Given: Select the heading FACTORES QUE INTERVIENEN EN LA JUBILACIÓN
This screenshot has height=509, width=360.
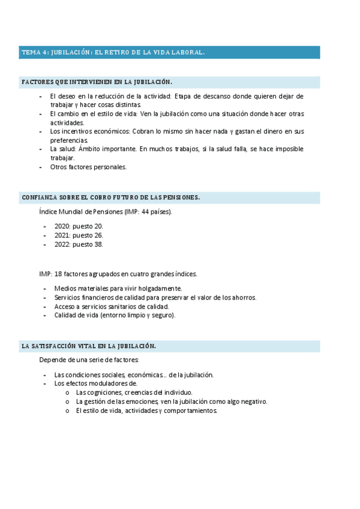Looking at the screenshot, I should click(97, 82).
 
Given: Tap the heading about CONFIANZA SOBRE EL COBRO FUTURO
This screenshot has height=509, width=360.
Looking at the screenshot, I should click(110, 197).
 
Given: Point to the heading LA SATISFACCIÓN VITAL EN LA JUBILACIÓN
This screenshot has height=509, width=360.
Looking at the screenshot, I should click(89, 346).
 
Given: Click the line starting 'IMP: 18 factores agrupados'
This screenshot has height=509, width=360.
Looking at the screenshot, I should click(118, 274).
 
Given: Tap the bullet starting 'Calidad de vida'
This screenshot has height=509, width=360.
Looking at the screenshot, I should click(115, 316).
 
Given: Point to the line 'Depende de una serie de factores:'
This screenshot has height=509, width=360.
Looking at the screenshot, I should click(89, 360).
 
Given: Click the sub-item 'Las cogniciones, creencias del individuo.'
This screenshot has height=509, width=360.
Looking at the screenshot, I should click(134, 393).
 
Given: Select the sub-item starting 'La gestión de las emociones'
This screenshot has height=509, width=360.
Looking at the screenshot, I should click(172, 402).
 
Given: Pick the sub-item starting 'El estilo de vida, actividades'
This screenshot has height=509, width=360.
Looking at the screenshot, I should click(146, 411).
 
